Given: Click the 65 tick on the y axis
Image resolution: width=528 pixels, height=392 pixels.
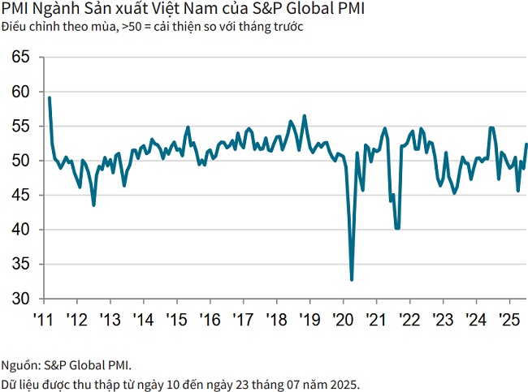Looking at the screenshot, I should (21, 58).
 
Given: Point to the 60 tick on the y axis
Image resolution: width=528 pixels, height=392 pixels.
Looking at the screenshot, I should (21, 92).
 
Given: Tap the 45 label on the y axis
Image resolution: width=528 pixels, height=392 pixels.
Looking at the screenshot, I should (21, 196).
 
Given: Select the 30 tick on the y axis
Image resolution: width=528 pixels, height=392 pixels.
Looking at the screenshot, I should (21, 299).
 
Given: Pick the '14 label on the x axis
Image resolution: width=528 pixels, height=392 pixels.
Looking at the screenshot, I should (143, 318).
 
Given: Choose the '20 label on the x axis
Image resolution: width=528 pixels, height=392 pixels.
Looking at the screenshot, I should (343, 318).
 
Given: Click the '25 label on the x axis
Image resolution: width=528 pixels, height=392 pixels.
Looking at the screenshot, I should (509, 318).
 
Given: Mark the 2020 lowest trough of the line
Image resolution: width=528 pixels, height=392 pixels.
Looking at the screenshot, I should (352, 280).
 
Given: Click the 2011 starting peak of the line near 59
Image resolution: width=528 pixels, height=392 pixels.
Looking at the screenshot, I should (50, 98).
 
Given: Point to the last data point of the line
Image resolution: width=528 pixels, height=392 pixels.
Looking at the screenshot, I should (526, 144).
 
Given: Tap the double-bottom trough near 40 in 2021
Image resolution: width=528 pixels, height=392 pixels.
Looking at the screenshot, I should (397, 228).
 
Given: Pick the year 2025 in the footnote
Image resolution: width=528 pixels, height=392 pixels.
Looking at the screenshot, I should (344, 382).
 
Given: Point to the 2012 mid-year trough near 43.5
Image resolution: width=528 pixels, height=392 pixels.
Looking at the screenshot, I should (93, 205).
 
